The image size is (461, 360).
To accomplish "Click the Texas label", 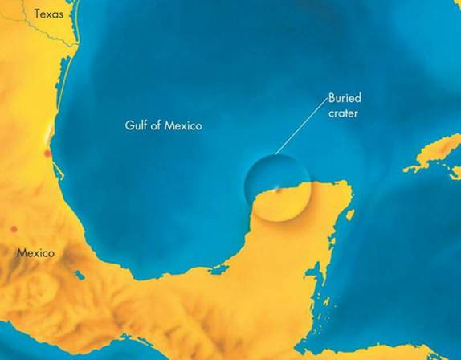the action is coord(48,14).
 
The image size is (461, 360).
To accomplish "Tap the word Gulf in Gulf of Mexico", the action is coord(137,125).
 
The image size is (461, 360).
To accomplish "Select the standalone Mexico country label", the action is coord(35,253).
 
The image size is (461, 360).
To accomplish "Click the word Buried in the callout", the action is coord(345,98).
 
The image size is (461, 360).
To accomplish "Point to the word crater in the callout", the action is coord(343,113).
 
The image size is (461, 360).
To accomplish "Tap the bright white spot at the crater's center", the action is coord(278,190).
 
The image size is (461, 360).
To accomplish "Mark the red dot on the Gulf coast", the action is coord(47,152).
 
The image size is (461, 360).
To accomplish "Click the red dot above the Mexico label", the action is coord(13,229).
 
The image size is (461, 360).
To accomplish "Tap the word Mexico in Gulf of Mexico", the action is coord(184,125).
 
